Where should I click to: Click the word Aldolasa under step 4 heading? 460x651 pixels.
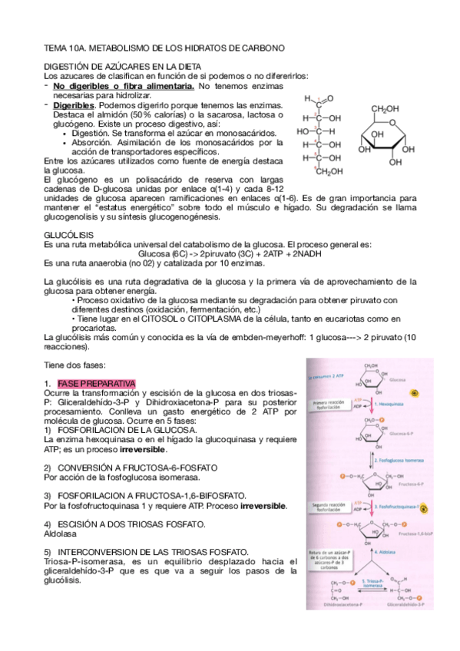click(x=61, y=533)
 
